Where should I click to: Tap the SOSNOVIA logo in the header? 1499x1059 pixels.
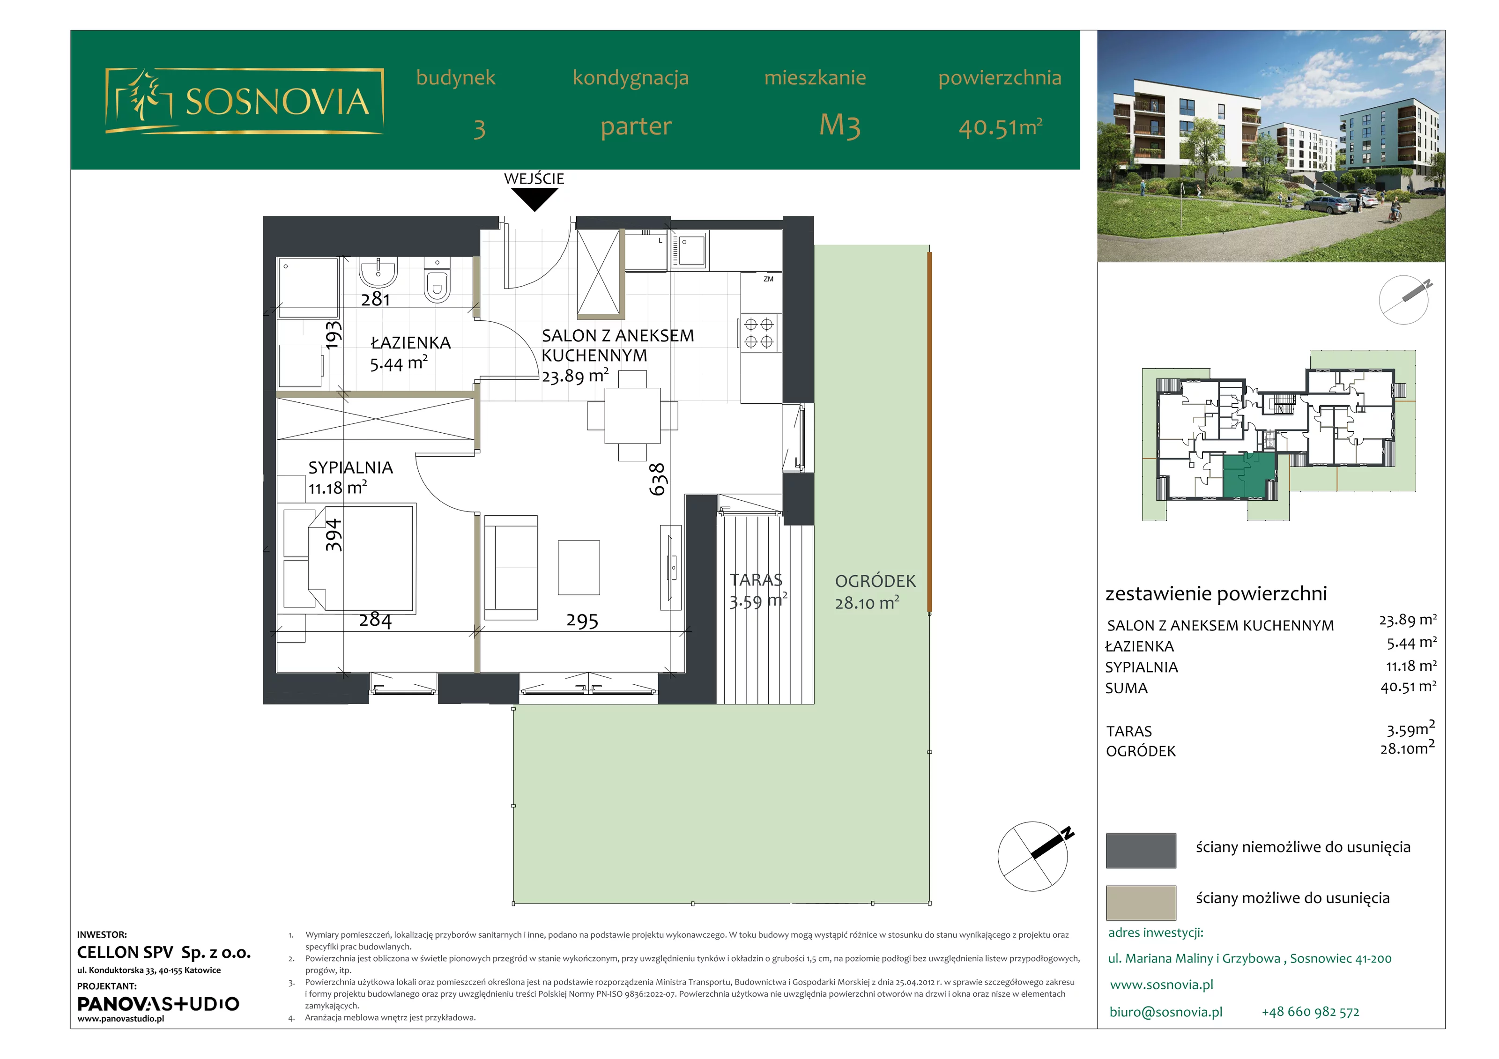pyautogui.click(x=245, y=101)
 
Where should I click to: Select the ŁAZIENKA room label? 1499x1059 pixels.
pyautogui.click(x=411, y=343)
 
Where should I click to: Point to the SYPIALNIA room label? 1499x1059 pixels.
pyautogui.click(x=350, y=467)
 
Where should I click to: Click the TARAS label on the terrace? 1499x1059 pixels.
pyautogui.click(x=756, y=580)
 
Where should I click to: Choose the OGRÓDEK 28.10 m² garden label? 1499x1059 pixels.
pyautogui.click(x=875, y=592)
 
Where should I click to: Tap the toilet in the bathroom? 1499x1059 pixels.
pyautogui.click(x=437, y=281)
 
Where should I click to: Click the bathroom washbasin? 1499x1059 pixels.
pyautogui.click(x=378, y=273)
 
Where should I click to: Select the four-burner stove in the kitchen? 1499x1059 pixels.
pyautogui.click(x=759, y=333)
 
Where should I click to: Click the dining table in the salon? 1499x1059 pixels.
pyautogui.click(x=632, y=415)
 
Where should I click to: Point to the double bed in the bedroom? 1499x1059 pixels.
pyautogui.click(x=350, y=557)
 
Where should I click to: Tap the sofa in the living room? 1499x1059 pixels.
pyautogui.click(x=511, y=567)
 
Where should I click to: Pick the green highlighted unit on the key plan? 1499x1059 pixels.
pyautogui.click(x=1249, y=477)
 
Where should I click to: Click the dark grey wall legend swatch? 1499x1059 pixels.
pyautogui.click(x=1141, y=850)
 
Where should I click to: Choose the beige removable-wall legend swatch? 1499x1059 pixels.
pyautogui.click(x=1141, y=902)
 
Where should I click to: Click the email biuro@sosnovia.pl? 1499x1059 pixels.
pyautogui.click(x=1166, y=1012)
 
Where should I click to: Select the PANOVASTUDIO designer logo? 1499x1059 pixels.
pyautogui.click(x=158, y=1004)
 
